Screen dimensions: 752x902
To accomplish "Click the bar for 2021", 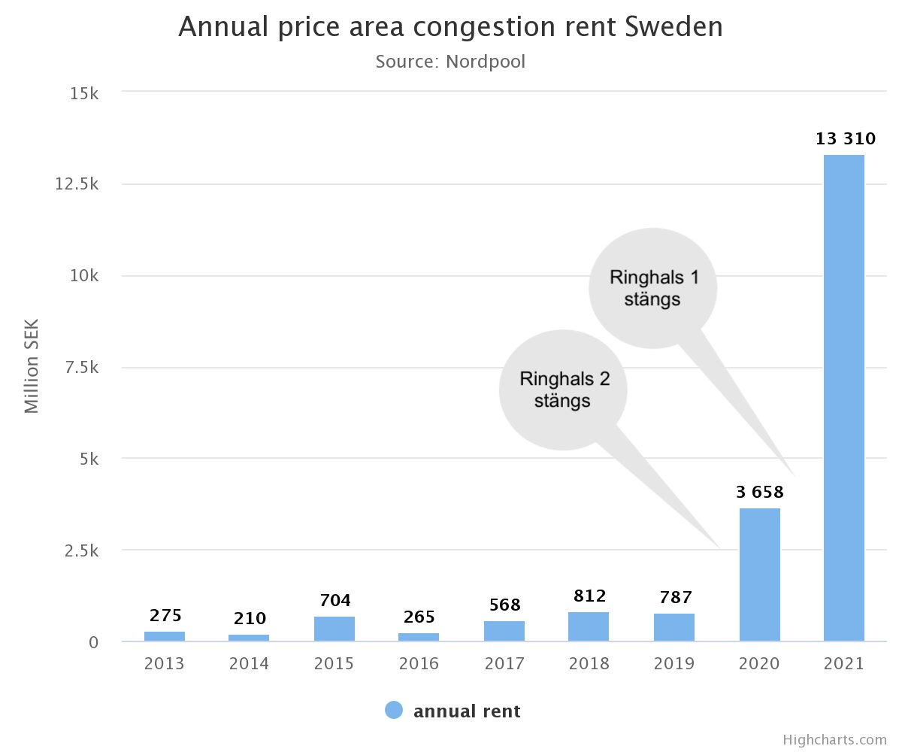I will [x=844, y=399].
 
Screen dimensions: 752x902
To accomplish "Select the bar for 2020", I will [x=759, y=575].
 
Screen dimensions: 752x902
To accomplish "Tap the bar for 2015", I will [x=334, y=629].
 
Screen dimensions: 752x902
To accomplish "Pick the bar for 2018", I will [x=589, y=627].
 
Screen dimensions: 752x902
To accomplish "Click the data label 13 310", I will [x=846, y=139].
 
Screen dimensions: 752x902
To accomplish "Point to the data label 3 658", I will [x=759, y=493].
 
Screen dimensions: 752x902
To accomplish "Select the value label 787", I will [x=673, y=599].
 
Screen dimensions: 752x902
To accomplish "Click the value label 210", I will [x=250, y=619].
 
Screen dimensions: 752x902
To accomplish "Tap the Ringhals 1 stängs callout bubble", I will [x=653, y=288].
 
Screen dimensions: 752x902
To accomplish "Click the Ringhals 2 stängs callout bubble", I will [x=564, y=390].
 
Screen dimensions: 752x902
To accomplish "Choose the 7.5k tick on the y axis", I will [x=80, y=368].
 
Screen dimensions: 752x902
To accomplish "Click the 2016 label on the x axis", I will [x=419, y=665].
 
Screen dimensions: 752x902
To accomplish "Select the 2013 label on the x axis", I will [x=165, y=665].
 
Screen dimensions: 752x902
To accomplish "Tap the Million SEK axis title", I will [x=32, y=367].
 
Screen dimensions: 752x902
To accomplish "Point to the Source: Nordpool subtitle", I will [x=450, y=62].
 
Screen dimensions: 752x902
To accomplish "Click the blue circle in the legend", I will [x=394, y=711].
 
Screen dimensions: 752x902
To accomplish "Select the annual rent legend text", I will [x=467, y=711].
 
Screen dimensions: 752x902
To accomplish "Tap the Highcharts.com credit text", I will [x=834, y=740].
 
